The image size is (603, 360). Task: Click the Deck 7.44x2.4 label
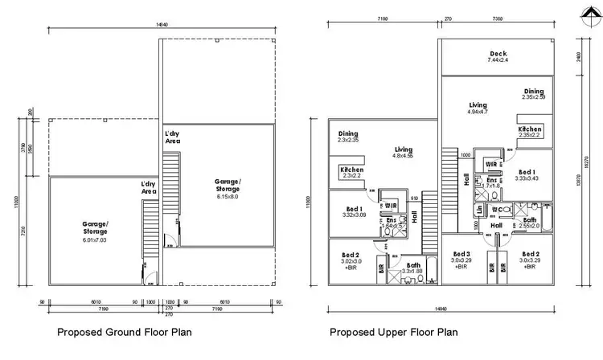[498, 57]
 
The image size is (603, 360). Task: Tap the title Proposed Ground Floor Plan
[124, 331]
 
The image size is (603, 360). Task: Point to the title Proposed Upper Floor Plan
[395, 331]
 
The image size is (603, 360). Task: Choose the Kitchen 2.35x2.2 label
[530, 133]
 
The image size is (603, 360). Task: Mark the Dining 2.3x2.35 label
[348, 137]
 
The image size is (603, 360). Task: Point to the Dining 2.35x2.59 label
[533, 94]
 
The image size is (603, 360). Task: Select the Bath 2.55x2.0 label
[530, 223]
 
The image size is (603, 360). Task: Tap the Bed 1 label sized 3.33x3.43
[527, 174]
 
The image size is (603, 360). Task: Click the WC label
[498, 210]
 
